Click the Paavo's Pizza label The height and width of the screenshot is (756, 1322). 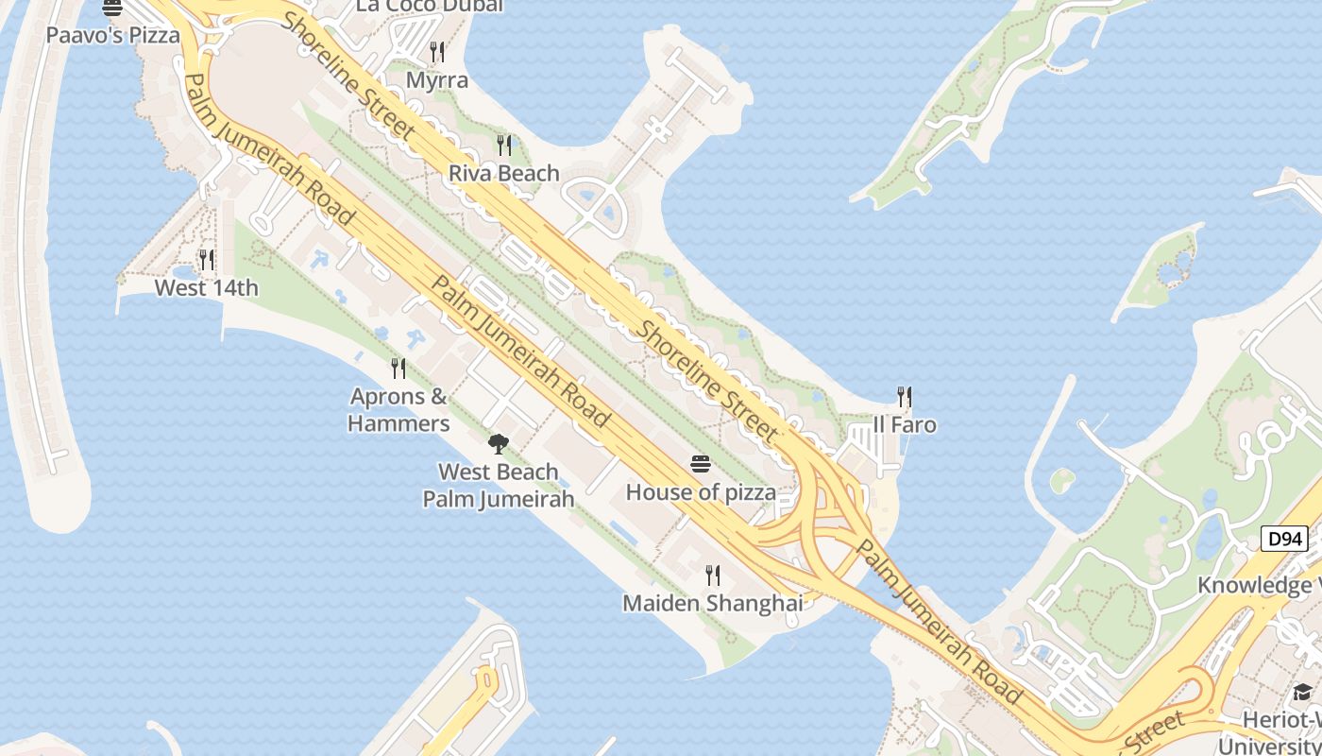113,36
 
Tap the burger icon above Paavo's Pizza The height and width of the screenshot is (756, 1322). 112,9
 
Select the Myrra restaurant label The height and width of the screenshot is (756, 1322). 437,80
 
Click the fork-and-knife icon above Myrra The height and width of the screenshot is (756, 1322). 437,51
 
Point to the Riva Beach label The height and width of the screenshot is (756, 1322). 504,173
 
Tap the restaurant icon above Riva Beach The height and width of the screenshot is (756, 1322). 504,145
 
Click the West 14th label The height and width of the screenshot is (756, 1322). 206,287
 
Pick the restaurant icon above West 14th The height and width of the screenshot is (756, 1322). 206,259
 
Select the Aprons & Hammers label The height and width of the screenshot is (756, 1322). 398,409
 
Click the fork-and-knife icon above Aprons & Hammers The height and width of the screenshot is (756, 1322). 398,368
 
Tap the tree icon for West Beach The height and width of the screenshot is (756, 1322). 498,443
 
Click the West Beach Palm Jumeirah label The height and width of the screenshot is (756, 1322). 498,485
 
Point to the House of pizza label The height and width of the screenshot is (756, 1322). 701,491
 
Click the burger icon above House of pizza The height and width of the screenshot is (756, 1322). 700,463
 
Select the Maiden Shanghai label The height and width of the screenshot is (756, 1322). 713,602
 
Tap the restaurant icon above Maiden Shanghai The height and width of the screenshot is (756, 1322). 713,575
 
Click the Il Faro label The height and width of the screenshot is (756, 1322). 905,424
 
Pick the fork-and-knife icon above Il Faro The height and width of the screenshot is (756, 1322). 905,396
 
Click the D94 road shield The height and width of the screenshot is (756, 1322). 1284,540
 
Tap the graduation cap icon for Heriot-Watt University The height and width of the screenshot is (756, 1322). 1302,692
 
